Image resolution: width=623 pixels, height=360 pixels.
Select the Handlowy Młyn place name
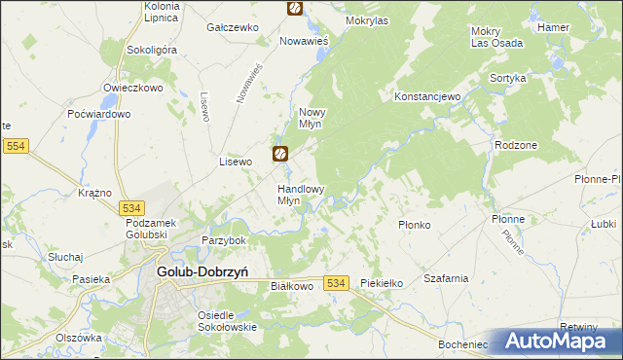pyautogui.click(x=301, y=195)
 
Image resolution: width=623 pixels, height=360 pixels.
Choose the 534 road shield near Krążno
pyautogui.click(x=133, y=207)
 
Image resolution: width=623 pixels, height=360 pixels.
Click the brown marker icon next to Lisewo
pyautogui.click(x=280, y=153)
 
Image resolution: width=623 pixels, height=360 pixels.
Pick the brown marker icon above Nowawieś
pyautogui.click(x=295, y=8)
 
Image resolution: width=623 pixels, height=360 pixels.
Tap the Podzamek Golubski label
pyautogui.click(x=148, y=229)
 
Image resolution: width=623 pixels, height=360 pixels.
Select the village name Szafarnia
pyautogui.click(x=447, y=278)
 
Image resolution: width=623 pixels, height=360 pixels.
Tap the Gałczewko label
pyautogui.click(x=233, y=27)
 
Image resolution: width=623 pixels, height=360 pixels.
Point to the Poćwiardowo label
pyautogui.click(x=99, y=114)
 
